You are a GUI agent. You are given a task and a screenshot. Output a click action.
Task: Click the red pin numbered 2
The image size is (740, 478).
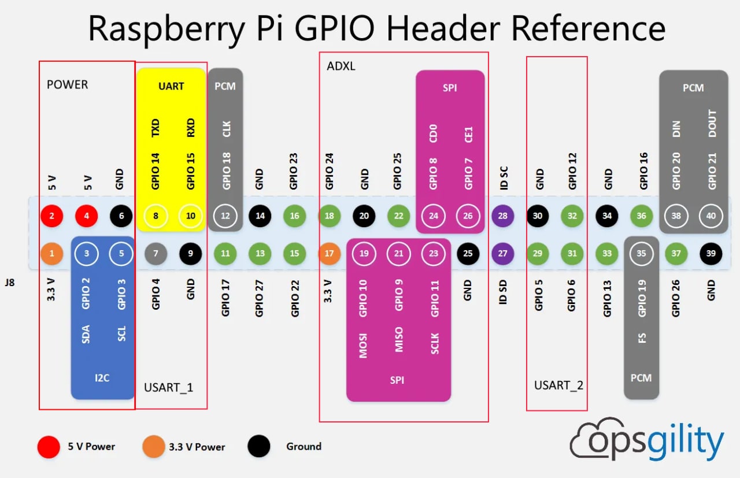pyautogui.click(x=52, y=216)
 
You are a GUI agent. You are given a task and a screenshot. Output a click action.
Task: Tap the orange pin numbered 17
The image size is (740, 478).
pyautogui.click(x=329, y=254)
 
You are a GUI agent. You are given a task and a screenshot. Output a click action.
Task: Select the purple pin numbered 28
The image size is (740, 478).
pyautogui.click(x=502, y=216)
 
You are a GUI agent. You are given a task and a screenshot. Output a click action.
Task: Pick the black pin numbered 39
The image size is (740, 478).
pyautogui.click(x=711, y=254)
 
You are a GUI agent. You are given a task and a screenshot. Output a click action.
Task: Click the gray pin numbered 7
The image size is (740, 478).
pyautogui.click(x=156, y=254)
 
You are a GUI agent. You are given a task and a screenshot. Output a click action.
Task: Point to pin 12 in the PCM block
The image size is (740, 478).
pyautogui.click(x=225, y=216)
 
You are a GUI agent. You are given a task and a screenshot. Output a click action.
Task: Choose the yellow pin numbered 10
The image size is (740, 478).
pyautogui.click(x=191, y=216)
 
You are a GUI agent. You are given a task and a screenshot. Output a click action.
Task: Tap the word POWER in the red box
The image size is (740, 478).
pyautogui.click(x=68, y=85)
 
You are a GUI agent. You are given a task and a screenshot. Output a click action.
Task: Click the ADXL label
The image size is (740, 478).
pyautogui.click(x=341, y=66)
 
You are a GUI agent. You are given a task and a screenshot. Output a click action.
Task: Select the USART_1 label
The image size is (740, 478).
pyautogui.click(x=168, y=387)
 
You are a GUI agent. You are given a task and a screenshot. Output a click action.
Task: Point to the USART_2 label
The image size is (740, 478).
pyautogui.click(x=558, y=386)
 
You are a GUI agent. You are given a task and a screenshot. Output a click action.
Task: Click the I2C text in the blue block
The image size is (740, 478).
pyautogui.click(x=102, y=378)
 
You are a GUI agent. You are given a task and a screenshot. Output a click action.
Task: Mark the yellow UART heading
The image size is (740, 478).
pyautogui.click(x=171, y=86)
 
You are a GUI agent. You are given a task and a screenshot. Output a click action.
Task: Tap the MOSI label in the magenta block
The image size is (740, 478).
pyautogui.click(x=363, y=346)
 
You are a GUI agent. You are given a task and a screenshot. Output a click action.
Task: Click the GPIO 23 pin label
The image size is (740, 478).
pyautogui.click(x=293, y=171)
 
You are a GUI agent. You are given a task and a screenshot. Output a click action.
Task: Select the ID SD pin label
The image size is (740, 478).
pyautogui.click(x=502, y=292)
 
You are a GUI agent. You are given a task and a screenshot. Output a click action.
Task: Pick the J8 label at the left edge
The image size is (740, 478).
pyautogui.click(x=10, y=283)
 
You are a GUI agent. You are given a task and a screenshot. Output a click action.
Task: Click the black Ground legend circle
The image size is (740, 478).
pyautogui.click(x=258, y=446)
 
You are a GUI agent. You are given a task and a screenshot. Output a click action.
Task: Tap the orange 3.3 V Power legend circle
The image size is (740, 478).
pyautogui.click(x=154, y=446)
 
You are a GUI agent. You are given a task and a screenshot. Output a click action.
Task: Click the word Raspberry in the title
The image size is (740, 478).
pyautogui.click(x=166, y=29)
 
